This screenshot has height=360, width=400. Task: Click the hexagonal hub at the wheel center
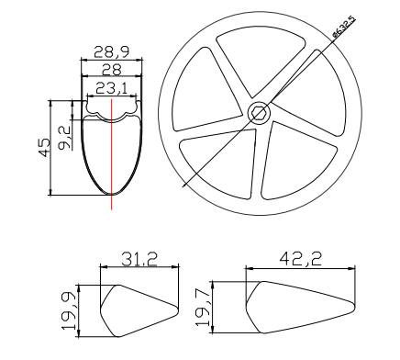(x=258, y=112)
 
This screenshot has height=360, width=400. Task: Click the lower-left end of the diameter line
(x=183, y=187)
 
